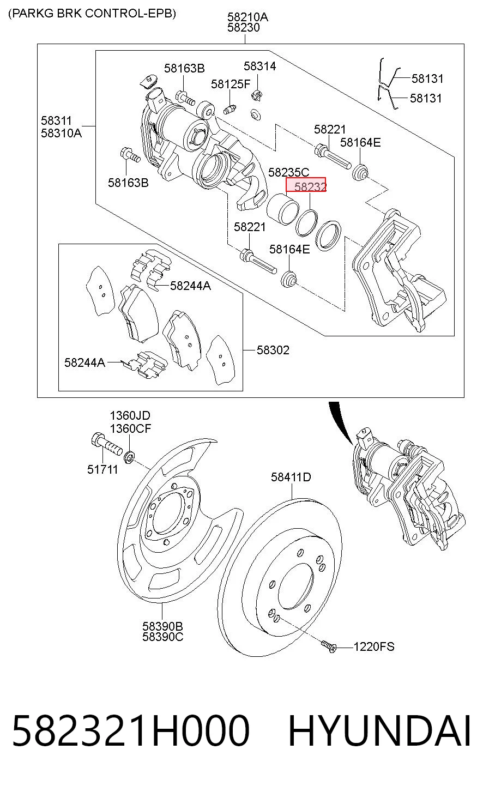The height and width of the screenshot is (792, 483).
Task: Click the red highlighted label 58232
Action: coord(306,185)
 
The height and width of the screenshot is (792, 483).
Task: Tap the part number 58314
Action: coord(260,66)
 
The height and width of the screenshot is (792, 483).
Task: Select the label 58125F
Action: coord(231,84)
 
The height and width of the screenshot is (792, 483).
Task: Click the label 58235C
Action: coord(288,172)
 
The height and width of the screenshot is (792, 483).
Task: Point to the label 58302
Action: coord(273,350)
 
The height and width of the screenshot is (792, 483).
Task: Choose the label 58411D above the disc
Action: coord(291,477)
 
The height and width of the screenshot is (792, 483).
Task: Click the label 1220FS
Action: coord(374,646)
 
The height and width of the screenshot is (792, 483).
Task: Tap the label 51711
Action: coord(102,469)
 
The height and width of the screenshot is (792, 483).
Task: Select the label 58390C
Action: coord(162,637)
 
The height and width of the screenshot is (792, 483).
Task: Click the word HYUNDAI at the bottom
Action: coord(379,731)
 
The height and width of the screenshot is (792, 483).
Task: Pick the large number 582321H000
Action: coord(131,731)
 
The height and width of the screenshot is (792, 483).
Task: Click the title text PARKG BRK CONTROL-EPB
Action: coord(92,14)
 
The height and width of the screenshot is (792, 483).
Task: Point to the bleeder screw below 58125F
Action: coord(230,109)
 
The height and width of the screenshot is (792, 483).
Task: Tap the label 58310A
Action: coord(61,134)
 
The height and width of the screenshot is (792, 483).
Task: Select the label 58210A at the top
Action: coord(247,17)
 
